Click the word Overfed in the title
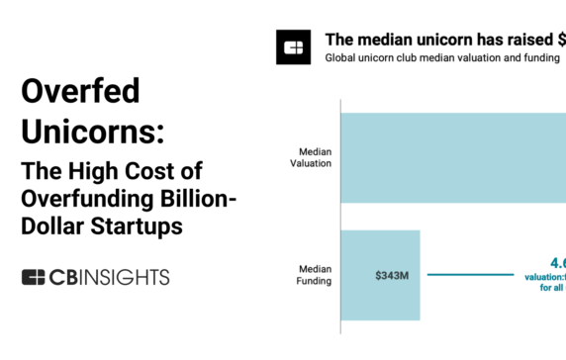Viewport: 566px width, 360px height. click(80, 93)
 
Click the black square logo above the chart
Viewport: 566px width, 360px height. click(294, 47)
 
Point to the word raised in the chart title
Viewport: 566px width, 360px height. click(536, 40)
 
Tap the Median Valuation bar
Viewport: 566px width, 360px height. click(450, 158)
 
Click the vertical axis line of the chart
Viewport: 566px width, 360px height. click(339, 218)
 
